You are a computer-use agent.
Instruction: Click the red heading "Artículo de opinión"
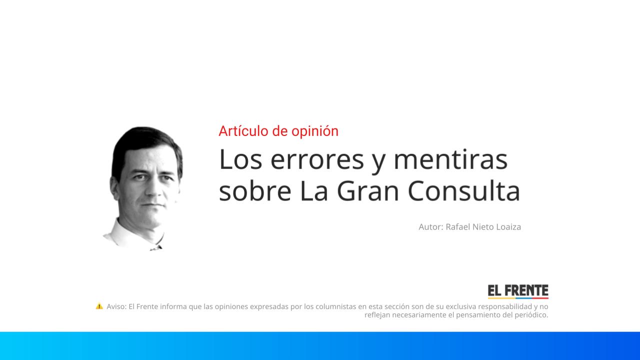278,131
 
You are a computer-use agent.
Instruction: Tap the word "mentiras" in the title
450,159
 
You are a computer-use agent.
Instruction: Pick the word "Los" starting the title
235,159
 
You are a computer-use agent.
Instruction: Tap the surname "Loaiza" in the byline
508,227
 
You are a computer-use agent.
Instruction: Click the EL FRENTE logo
518,291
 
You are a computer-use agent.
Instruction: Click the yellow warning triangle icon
99,306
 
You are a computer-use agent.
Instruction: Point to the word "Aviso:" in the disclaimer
116,306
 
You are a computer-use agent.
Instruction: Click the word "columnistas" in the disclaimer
335,306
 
